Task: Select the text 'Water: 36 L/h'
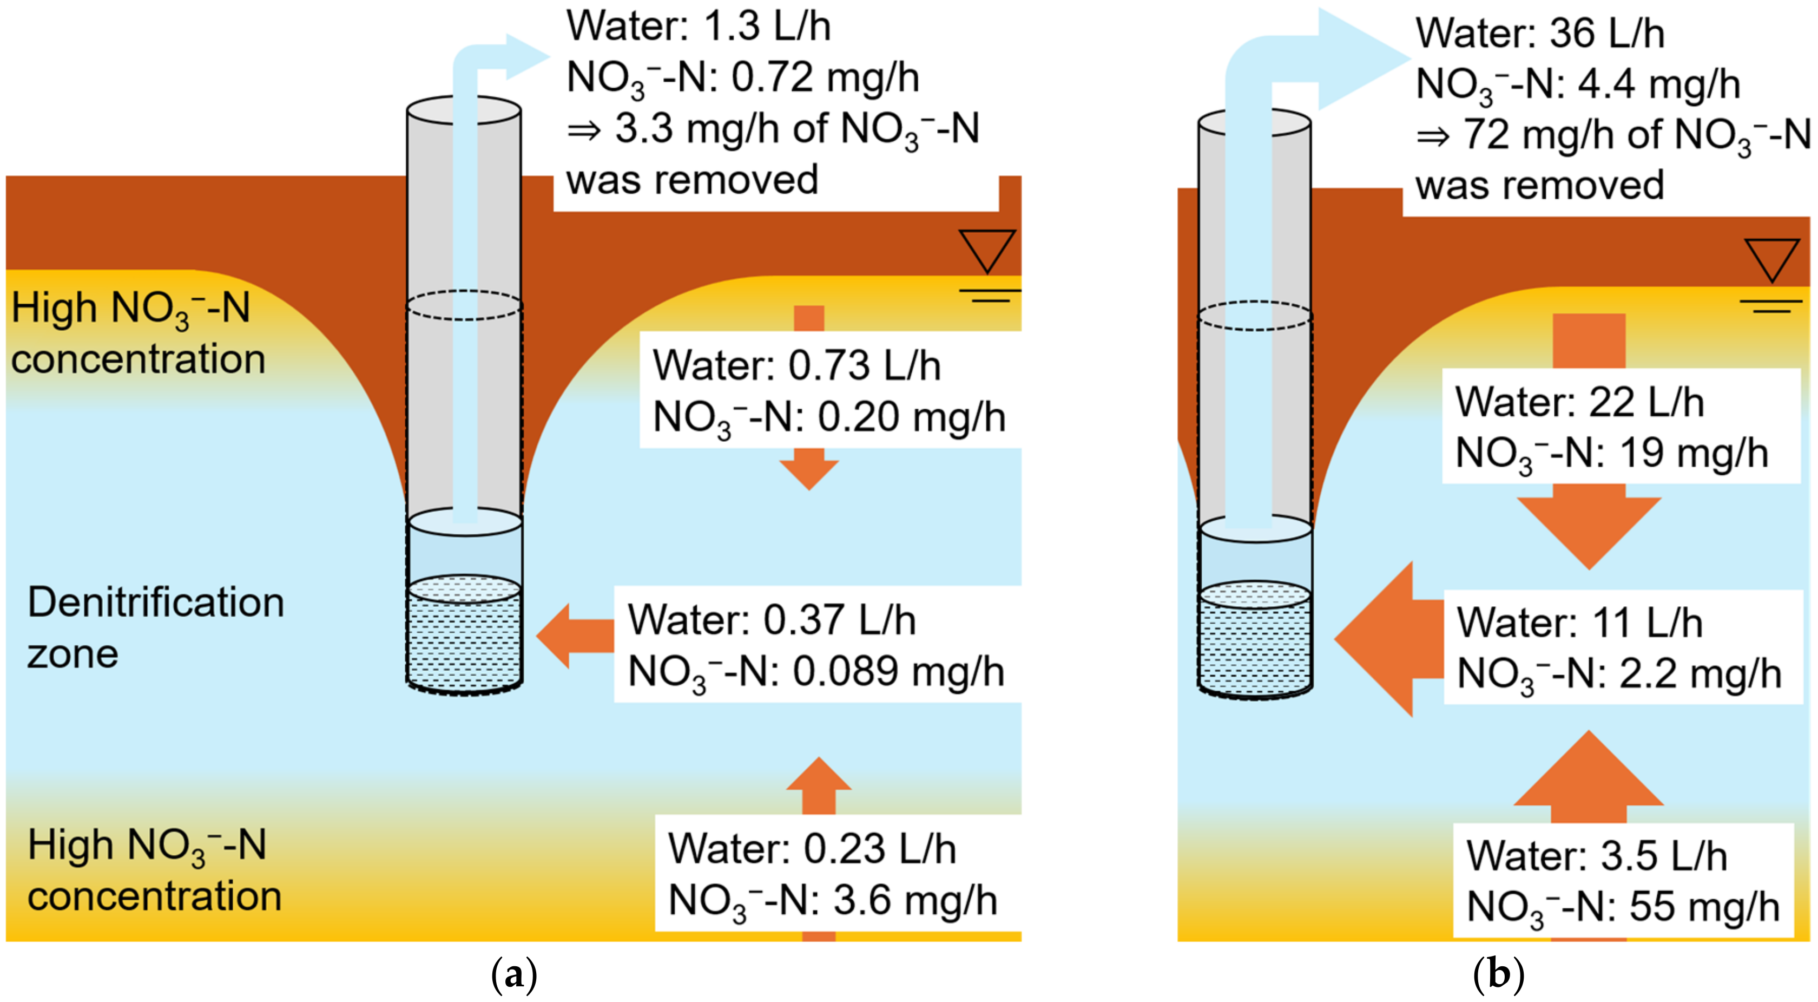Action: click(1540, 34)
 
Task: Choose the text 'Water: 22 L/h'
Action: click(1579, 403)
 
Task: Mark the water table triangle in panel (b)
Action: click(1772, 260)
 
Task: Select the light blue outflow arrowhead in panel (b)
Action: click(1363, 58)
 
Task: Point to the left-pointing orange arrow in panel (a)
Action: click(575, 636)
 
